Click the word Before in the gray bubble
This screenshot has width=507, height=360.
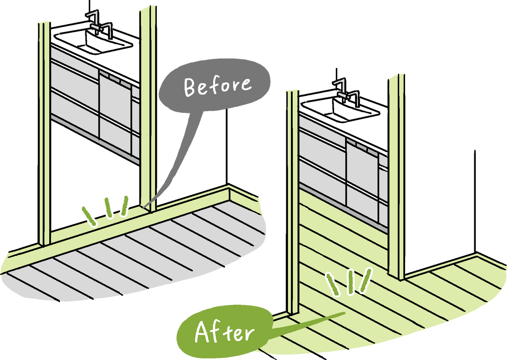point(217,85)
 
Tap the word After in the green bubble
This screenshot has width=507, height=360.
point(224,332)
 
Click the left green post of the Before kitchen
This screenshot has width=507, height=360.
point(44,131)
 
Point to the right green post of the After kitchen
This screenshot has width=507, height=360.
point(395,174)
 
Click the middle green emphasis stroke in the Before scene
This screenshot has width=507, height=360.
point(108,206)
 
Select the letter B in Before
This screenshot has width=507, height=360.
point(189,88)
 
